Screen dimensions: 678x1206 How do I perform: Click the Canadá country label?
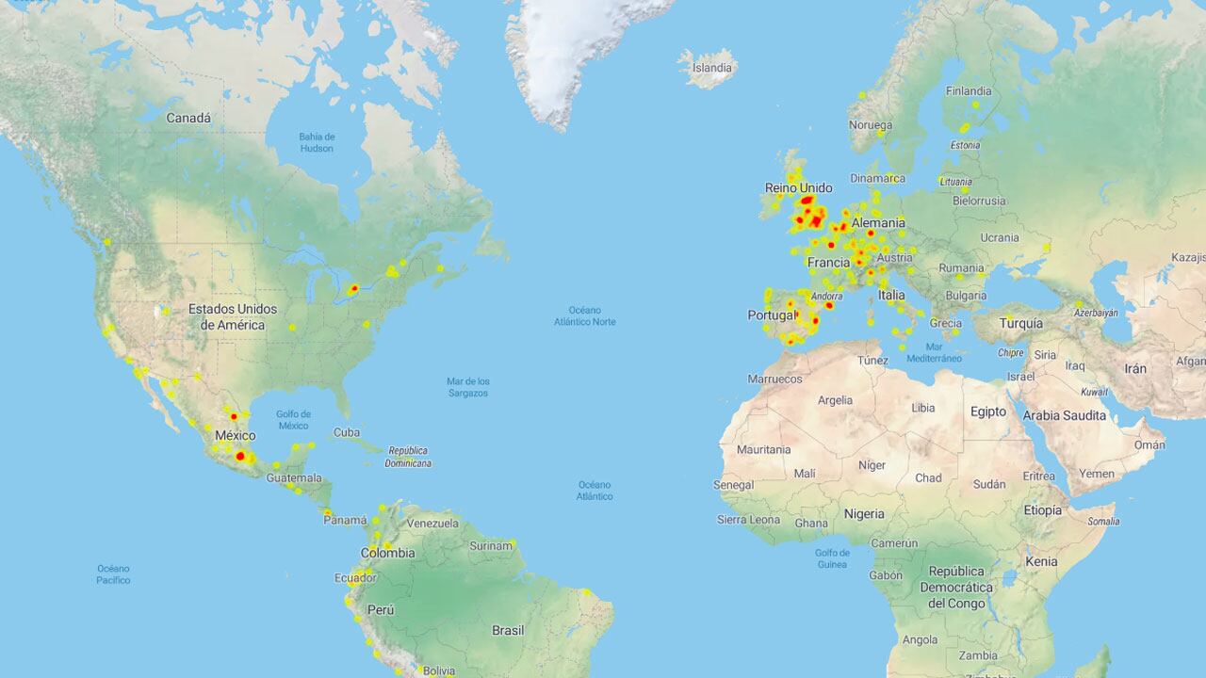[x=188, y=119]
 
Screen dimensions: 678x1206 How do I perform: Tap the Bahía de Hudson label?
[x=317, y=142]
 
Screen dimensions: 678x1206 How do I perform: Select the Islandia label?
[x=711, y=68]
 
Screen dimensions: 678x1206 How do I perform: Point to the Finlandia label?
[x=969, y=91]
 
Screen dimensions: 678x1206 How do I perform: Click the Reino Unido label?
[x=798, y=188]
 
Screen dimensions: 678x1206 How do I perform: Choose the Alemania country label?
[x=877, y=223]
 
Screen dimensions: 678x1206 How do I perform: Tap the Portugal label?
[x=773, y=315]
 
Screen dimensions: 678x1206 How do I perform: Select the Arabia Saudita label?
[x=1065, y=415]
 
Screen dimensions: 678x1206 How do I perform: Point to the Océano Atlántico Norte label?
[x=584, y=315]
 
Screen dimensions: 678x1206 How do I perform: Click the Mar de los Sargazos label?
[x=467, y=387]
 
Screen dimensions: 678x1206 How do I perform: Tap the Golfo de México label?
[x=293, y=420]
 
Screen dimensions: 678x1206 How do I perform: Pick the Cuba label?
[x=347, y=433]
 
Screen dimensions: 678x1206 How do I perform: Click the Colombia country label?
[x=387, y=553]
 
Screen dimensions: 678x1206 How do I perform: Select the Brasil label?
[x=508, y=630]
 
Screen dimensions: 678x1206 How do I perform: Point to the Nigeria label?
[x=864, y=514]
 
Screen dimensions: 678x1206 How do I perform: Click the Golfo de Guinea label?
[x=832, y=558]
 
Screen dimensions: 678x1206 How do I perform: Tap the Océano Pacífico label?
[x=113, y=574]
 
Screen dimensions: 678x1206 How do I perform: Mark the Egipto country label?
[x=988, y=412]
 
